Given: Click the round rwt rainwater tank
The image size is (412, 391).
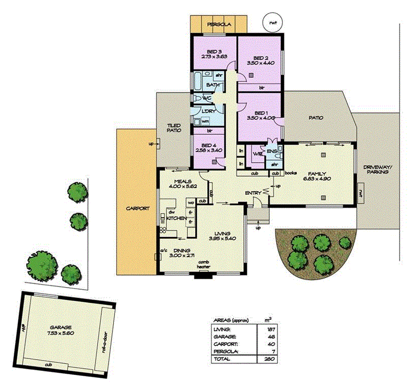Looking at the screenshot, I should tap(272, 23).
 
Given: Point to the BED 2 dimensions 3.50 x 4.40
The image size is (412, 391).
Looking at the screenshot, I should tap(261, 63).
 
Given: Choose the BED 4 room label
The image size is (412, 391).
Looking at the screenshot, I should tap(208, 145).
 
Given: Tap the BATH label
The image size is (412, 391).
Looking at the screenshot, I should tap(213, 85).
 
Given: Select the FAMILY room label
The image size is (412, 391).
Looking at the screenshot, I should tap(317, 173).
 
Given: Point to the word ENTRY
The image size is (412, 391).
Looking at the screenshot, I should tap(253, 194).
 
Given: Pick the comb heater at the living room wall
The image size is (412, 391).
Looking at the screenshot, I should tap(203, 267).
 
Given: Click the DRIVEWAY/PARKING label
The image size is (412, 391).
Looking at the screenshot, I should tap(377, 172).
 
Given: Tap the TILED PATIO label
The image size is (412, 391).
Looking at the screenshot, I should tap(174, 127).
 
